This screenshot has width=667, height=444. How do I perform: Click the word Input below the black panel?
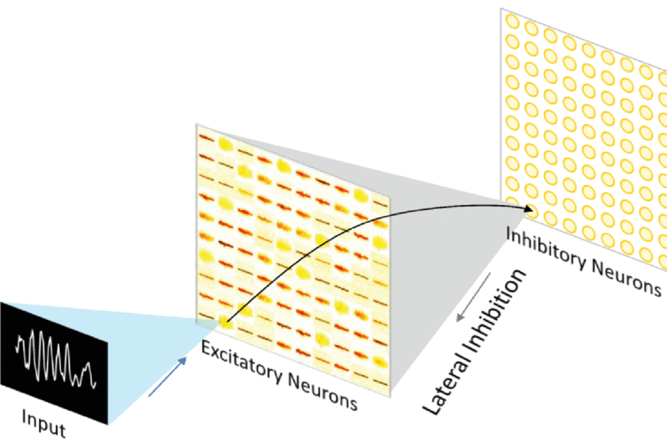tap(44, 423)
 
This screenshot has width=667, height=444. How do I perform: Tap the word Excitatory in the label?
tap(241, 361)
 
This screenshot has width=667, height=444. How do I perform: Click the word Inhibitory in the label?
tap(545, 249)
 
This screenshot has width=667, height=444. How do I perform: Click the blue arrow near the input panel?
tap(167, 377)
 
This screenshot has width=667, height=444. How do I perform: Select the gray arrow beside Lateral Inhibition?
tap(474, 298)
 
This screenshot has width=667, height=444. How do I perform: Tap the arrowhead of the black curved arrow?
tap(529, 208)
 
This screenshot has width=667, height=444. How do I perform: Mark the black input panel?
tap(54, 363)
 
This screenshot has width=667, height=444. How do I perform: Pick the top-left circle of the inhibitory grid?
tap(512, 21)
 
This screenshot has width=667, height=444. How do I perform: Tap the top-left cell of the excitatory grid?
tap(206, 138)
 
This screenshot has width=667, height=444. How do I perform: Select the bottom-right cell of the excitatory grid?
tap(380, 382)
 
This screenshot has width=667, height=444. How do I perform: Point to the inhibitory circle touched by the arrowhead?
tap(532, 212)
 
